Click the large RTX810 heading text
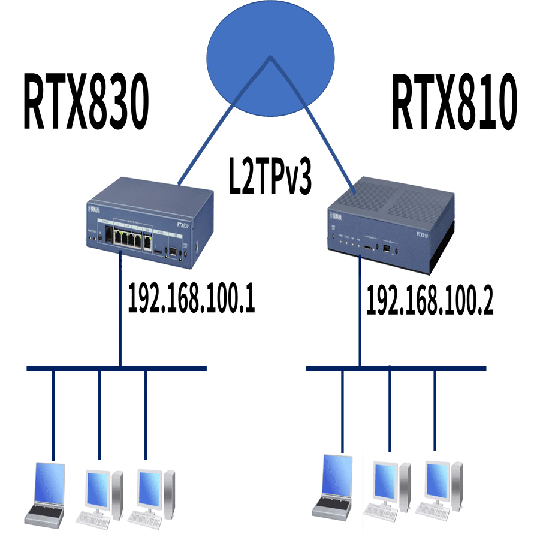tap(454, 102)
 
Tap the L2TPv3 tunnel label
tap(270, 175)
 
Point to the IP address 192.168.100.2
tap(429, 300)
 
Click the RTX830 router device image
tap(149, 222)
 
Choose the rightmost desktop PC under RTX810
tap(439, 490)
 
